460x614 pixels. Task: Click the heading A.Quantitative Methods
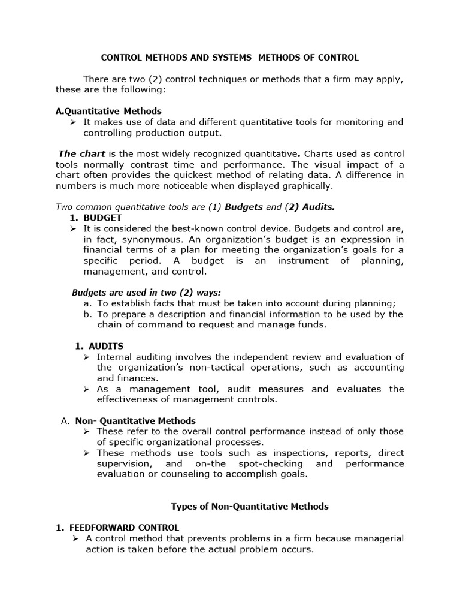click(x=108, y=111)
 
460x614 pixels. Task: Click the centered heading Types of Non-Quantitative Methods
click(x=250, y=506)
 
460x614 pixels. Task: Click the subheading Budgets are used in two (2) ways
click(x=146, y=293)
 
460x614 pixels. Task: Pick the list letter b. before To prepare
click(x=87, y=314)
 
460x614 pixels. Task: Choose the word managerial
click(x=376, y=538)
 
